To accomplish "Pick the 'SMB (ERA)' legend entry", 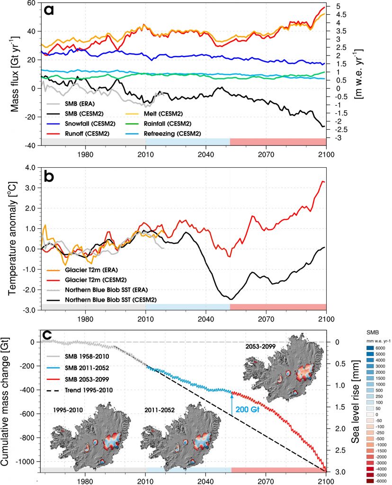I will [76, 104].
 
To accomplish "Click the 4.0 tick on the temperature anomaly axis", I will [30, 167].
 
